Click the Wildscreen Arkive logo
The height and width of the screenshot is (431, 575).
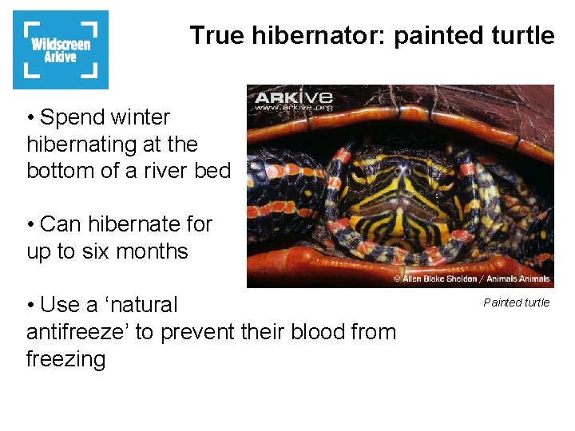pyautogui.click(x=61, y=49)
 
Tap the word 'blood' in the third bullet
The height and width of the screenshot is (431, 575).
pyautogui.click(x=296, y=332)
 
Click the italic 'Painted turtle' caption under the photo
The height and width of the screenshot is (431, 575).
pyautogui.click(x=517, y=302)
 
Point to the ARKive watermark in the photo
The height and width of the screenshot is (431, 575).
pyautogui.click(x=293, y=101)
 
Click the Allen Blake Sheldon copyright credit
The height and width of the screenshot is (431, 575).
pyautogui.click(x=471, y=279)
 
